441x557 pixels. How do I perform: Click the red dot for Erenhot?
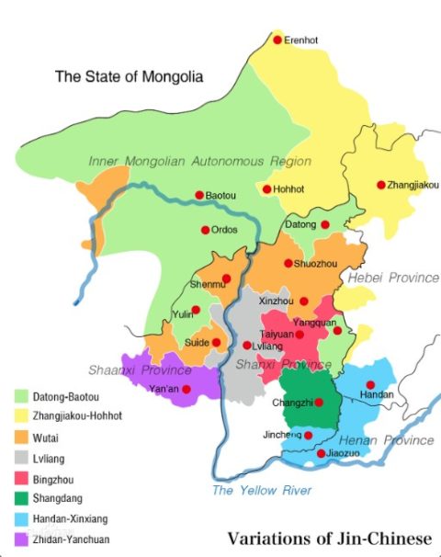pos(277,40)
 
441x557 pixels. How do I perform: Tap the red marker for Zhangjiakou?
pos(381,185)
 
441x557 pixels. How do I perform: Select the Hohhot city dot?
pos(266,189)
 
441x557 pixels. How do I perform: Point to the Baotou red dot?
pos(198,195)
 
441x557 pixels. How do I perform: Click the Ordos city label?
pos(225,230)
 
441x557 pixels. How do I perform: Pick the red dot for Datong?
pos(324,224)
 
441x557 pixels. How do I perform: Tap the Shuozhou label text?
pos(317,263)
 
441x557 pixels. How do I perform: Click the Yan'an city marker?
pos(186,390)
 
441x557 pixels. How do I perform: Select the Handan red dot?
pos(370,385)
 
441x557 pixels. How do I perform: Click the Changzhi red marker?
pos(319,403)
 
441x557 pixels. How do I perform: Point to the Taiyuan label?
pos(276,335)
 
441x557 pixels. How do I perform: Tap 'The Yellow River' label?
pos(262,490)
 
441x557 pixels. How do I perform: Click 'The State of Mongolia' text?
pos(130,77)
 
